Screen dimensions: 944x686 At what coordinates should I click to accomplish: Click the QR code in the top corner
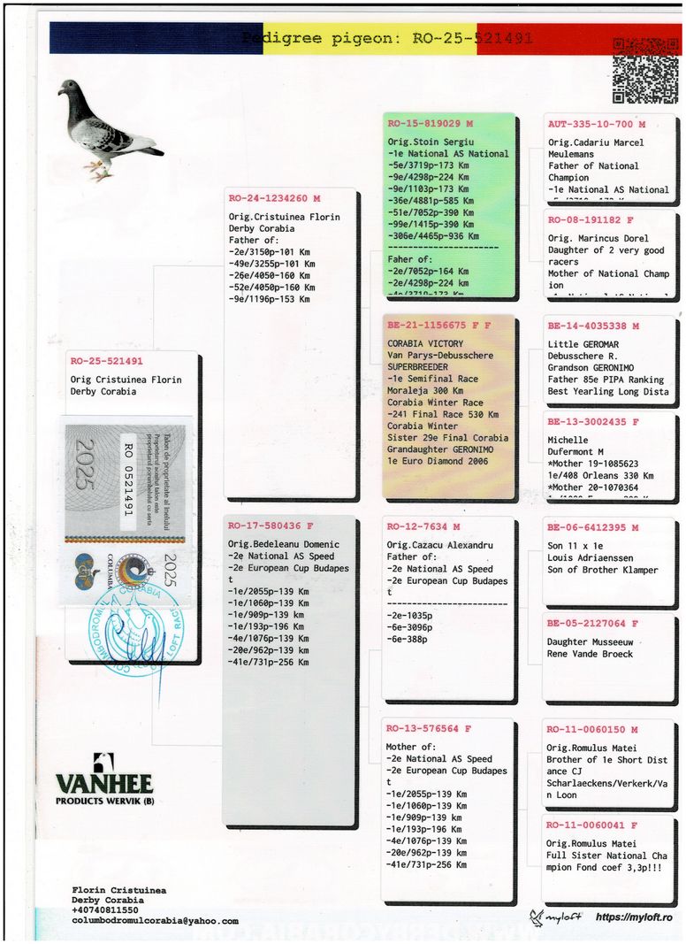[x=644, y=70]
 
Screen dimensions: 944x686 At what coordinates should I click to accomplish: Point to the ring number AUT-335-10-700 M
[x=596, y=125]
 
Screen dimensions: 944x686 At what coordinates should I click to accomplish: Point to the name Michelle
[x=568, y=440]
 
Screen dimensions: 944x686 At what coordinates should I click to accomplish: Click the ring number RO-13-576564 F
[x=429, y=729]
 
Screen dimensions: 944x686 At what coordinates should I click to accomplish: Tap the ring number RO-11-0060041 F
[x=591, y=825]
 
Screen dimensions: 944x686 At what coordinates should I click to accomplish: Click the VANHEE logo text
[x=104, y=783]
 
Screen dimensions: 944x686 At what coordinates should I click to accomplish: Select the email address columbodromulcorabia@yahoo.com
[x=155, y=921]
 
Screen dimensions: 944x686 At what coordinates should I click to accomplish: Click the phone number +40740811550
[x=105, y=910]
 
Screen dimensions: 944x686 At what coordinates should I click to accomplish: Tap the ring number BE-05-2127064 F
[x=592, y=624]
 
